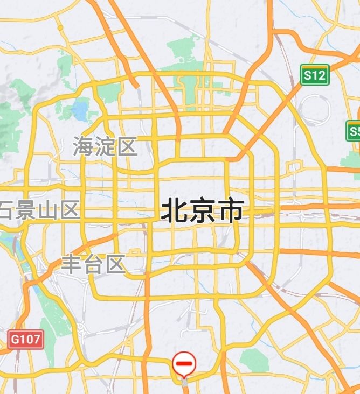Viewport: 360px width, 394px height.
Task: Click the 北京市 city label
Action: [202, 210]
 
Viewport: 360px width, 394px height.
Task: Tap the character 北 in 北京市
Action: [174, 210]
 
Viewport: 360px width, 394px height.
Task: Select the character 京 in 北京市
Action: [202, 210]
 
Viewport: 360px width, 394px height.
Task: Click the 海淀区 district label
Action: [105, 146]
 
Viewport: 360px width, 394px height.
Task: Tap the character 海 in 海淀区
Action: [84, 146]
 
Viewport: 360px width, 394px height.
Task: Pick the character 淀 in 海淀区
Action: [105, 146]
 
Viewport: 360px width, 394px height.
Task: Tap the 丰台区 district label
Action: [93, 264]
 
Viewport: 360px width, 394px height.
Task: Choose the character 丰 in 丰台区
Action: [72, 264]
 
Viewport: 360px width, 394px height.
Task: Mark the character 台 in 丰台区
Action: [93, 264]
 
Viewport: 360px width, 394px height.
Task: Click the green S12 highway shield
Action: [314, 75]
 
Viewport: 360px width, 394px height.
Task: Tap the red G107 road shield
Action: [26, 340]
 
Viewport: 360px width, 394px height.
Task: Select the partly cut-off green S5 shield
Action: [354, 131]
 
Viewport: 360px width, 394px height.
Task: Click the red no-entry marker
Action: [184, 364]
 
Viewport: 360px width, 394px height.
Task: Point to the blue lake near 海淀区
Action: [81, 110]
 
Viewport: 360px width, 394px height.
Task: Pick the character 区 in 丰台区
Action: [115, 264]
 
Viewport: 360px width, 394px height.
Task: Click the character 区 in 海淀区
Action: [127, 146]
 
